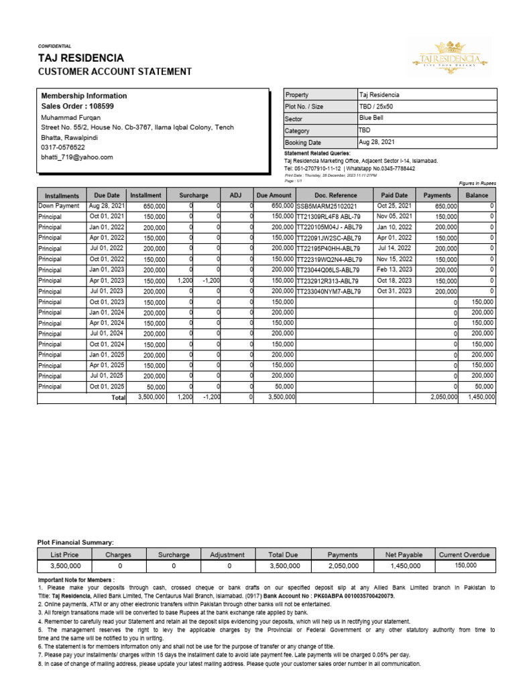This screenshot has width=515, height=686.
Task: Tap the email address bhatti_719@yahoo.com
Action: click(x=77, y=157)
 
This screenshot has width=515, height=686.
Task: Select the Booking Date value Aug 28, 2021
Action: click(x=377, y=143)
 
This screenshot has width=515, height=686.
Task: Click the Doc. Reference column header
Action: click(x=334, y=195)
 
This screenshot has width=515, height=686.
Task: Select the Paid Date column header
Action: click(x=394, y=195)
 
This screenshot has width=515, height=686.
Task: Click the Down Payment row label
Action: click(x=59, y=206)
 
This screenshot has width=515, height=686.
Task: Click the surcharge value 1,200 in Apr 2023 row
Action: click(x=184, y=281)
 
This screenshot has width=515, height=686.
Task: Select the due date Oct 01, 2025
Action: click(x=107, y=387)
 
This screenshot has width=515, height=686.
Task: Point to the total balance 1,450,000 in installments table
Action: click(x=479, y=397)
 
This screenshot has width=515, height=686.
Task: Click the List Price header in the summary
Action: click(x=65, y=554)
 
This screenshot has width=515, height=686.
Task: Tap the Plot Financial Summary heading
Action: click(x=75, y=541)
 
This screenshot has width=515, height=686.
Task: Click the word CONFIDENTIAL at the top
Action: click(x=56, y=46)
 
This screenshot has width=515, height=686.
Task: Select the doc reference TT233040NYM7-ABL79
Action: click(x=329, y=291)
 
